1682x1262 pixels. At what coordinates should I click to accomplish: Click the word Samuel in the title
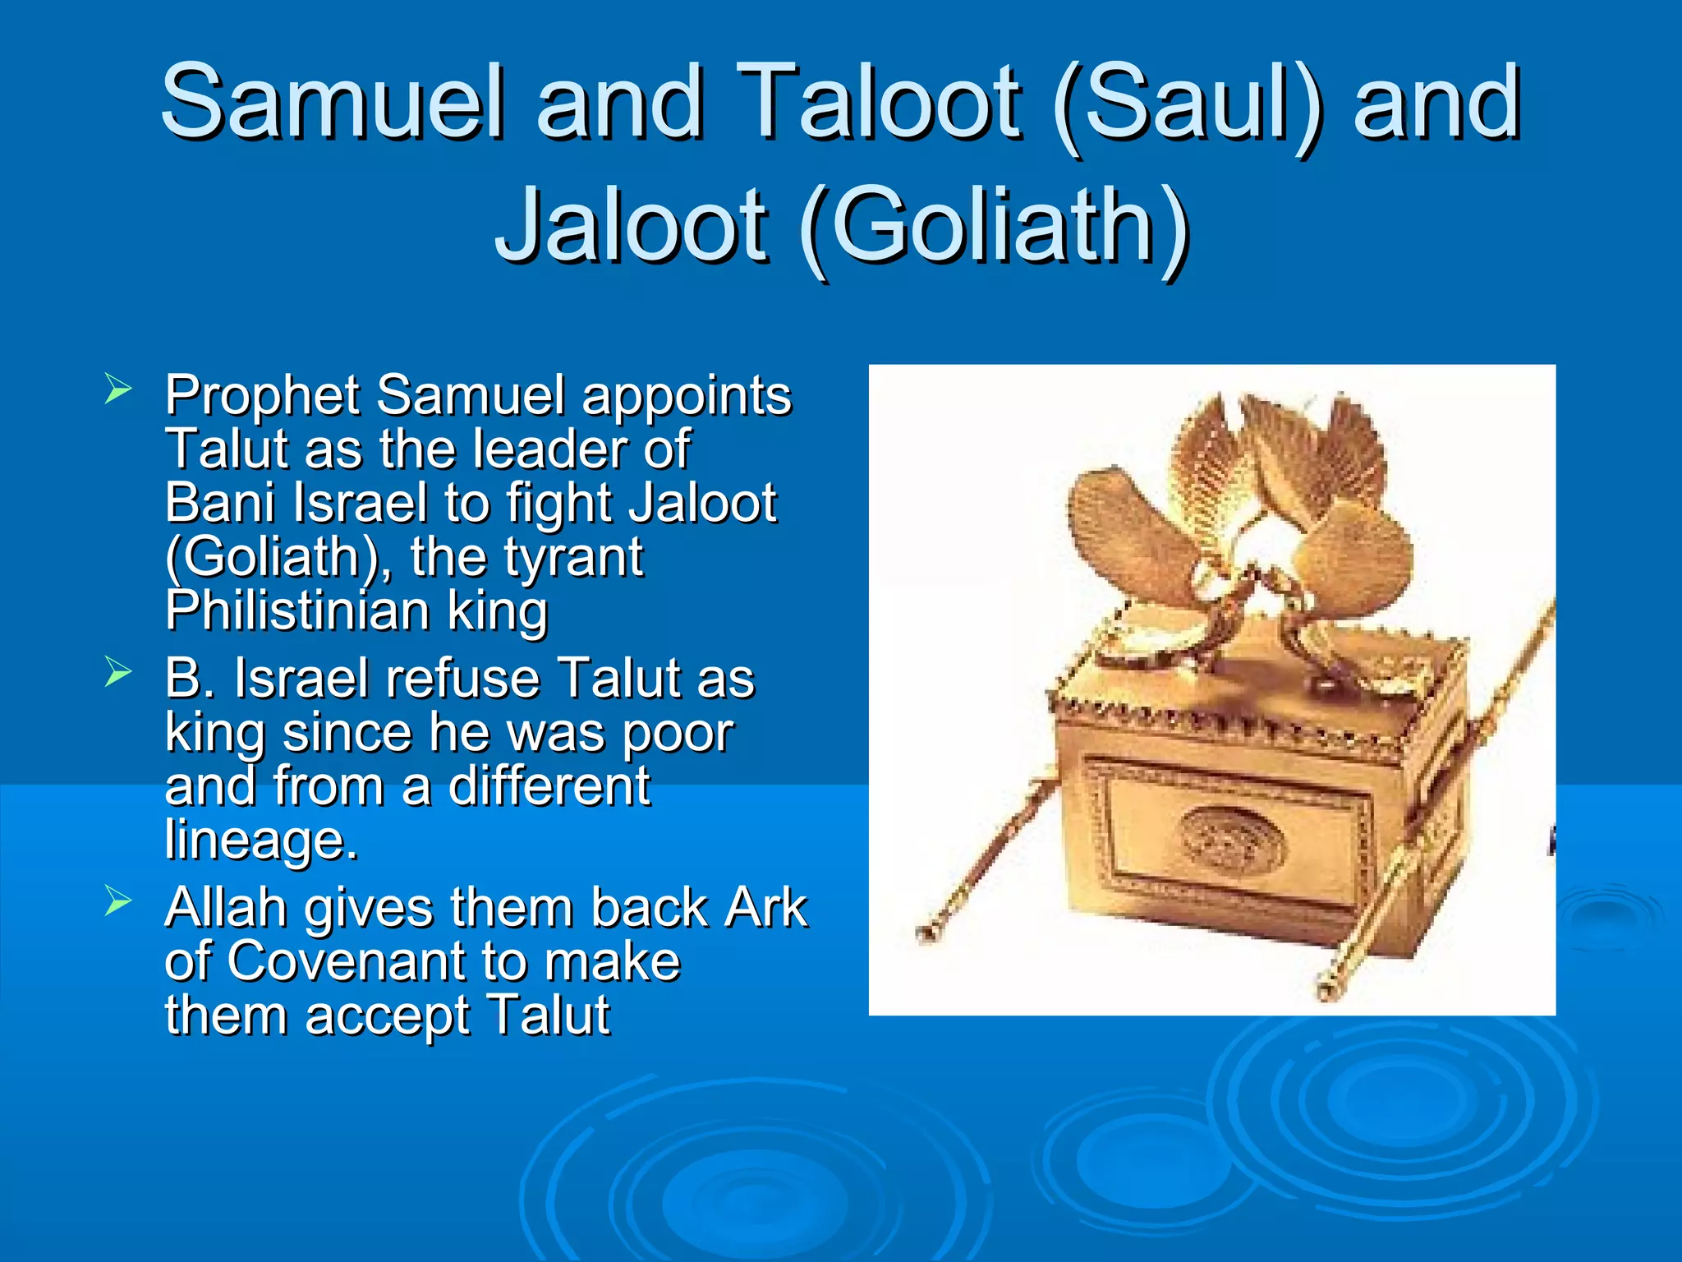[332, 103]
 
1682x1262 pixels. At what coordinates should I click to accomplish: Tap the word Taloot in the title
[880, 103]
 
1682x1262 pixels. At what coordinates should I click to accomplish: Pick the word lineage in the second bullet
[259, 840]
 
